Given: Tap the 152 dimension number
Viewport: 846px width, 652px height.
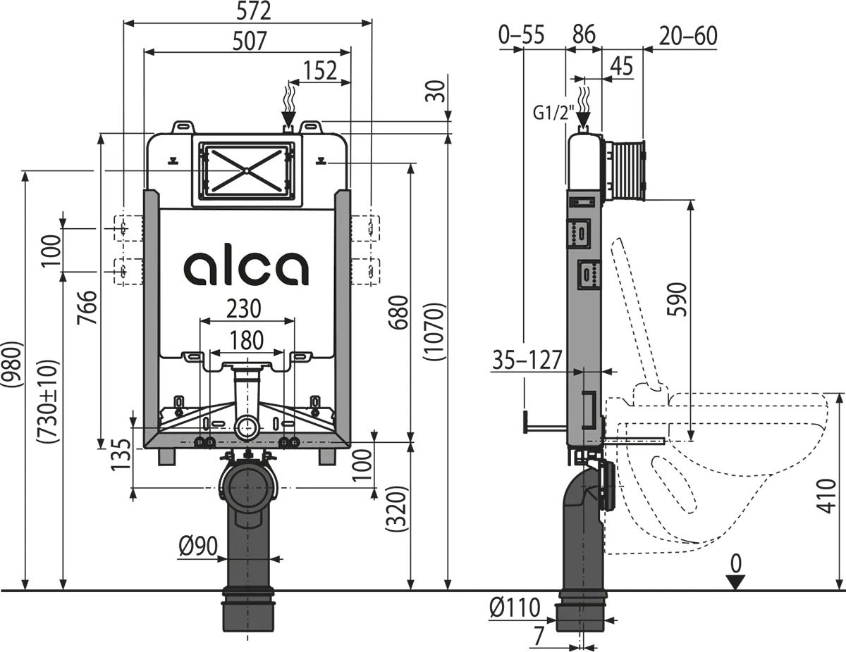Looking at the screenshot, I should pyautogui.click(x=321, y=70).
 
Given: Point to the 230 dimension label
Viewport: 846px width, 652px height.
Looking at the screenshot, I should pyautogui.click(x=243, y=308).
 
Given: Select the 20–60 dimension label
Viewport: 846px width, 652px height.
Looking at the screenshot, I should pyautogui.click(x=688, y=35).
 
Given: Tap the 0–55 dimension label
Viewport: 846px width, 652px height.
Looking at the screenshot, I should pyautogui.click(x=521, y=35).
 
